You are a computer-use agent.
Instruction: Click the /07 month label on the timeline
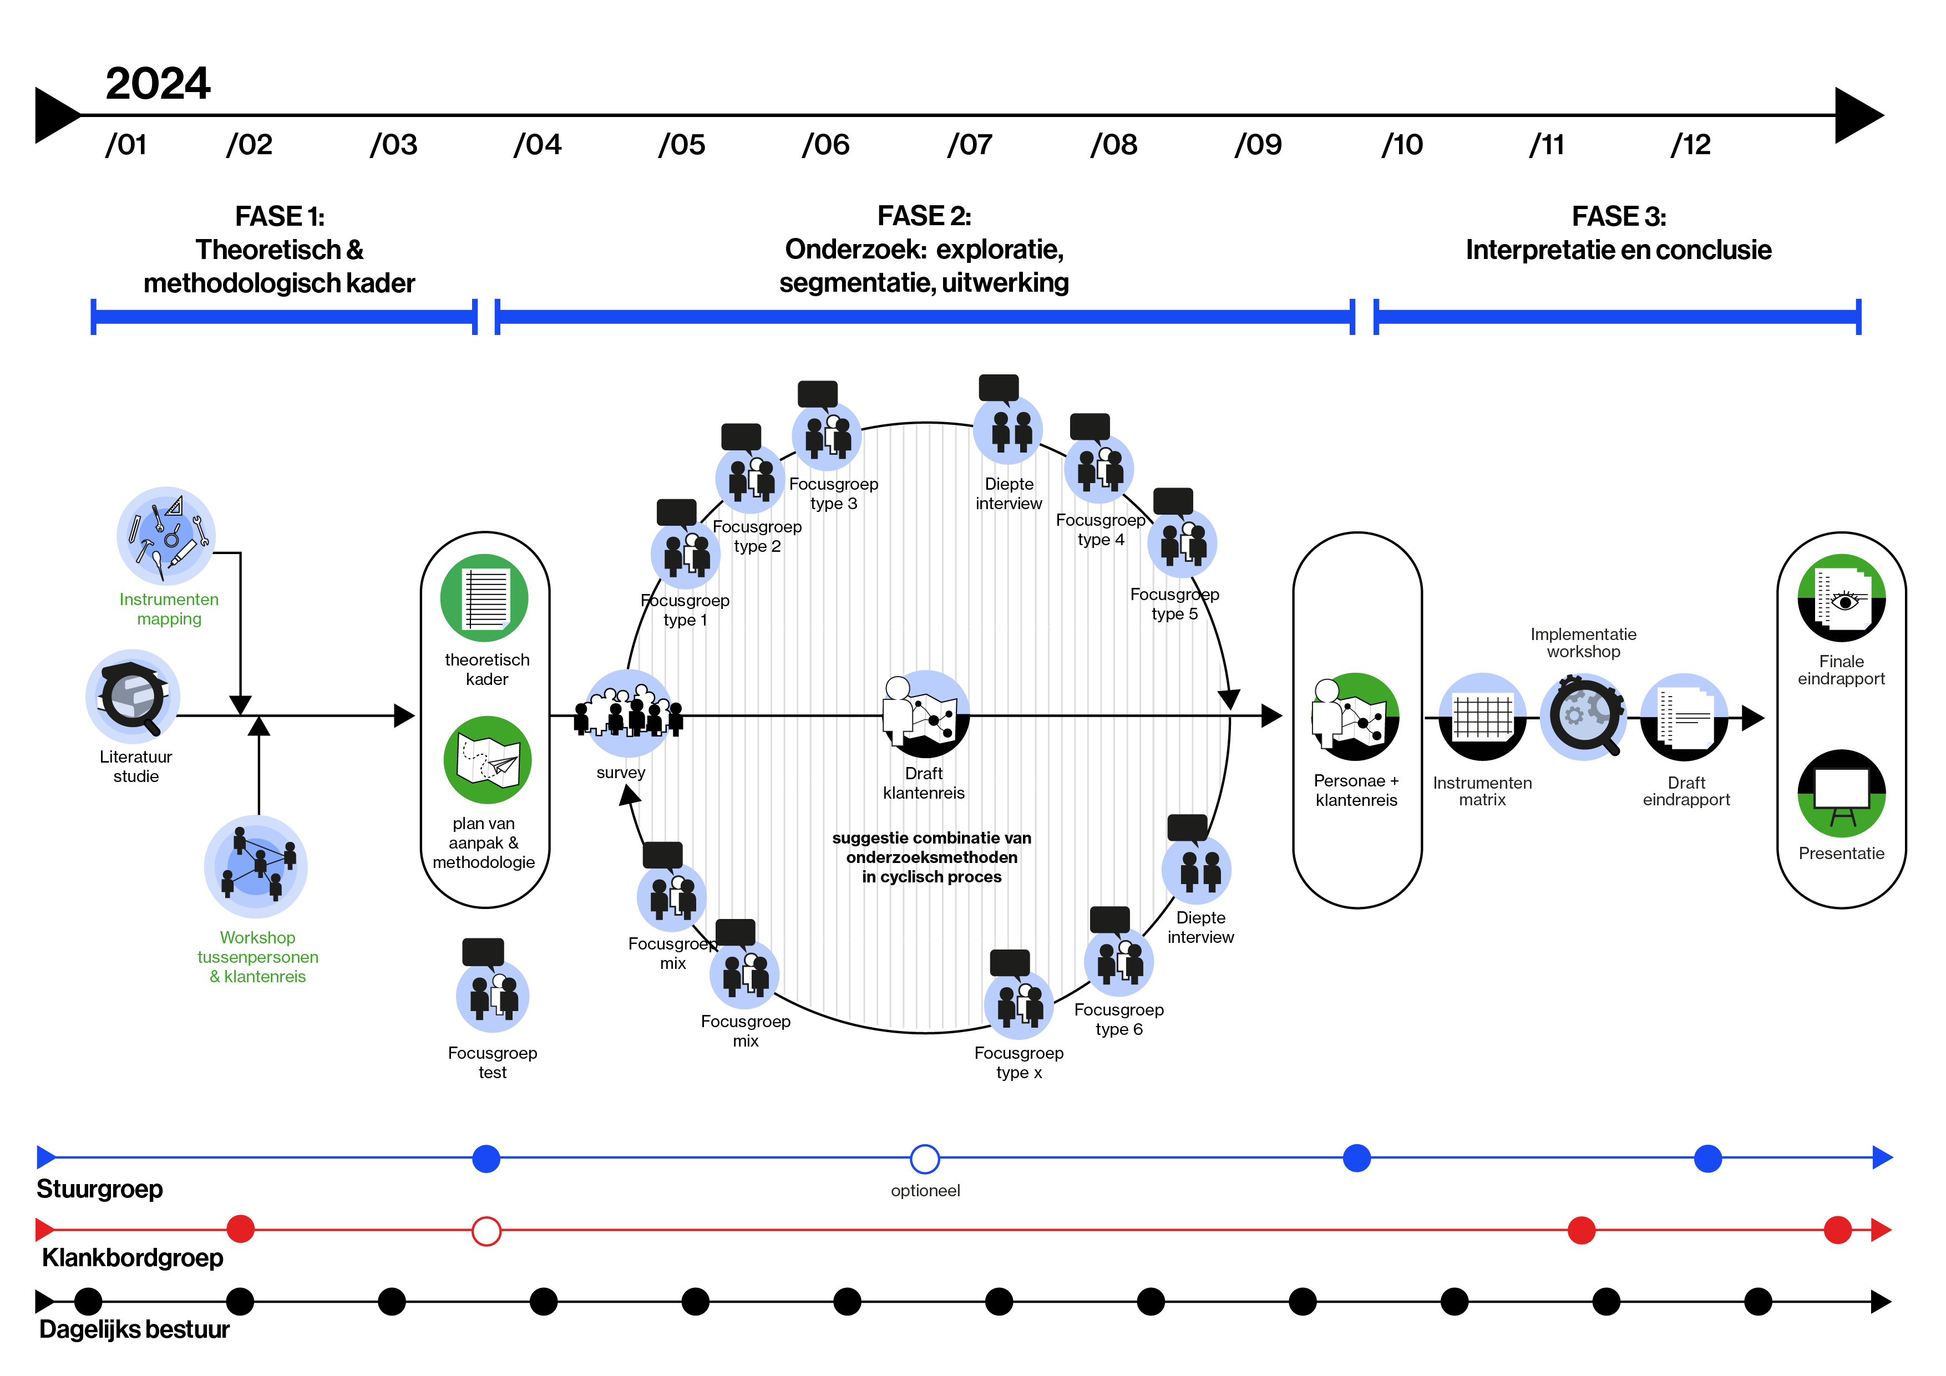[970, 145]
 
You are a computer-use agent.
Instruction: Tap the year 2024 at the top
[158, 84]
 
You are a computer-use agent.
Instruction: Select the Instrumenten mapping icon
[166, 536]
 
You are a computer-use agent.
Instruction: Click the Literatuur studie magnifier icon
[132, 697]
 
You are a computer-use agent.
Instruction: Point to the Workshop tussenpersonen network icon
[256, 866]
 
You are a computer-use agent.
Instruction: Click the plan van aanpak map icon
[488, 759]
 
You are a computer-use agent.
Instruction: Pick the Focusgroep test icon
[493, 996]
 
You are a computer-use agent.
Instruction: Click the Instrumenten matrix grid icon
[1482, 717]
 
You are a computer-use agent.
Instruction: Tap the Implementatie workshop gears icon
[1583, 717]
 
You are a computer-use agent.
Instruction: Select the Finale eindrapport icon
[1841, 598]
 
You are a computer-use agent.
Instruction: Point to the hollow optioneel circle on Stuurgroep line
[925, 1158]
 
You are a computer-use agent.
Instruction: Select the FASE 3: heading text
[1618, 217]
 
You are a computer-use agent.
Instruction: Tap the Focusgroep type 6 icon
[1119, 962]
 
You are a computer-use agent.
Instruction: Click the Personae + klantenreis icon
[1355, 717]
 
